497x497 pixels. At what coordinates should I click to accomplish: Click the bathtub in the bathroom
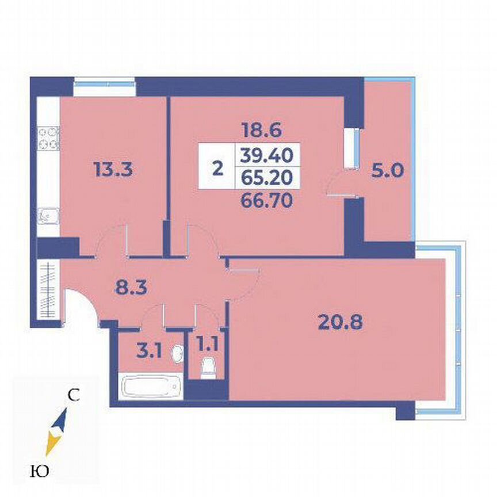pyautogui.click(x=152, y=387)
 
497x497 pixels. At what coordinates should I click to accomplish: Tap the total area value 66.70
pyautogui.click(x=266, y=200)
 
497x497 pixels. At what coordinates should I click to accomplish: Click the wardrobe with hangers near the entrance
pyautogui.click(x=48, y=291)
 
